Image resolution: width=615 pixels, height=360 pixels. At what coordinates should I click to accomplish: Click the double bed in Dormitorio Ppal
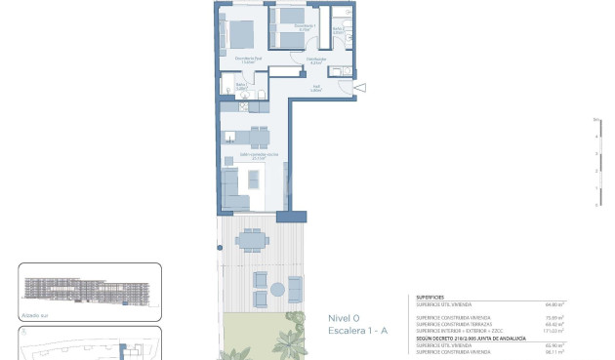click(240, 35)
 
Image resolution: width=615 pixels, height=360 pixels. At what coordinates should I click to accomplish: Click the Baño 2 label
click(338, 29)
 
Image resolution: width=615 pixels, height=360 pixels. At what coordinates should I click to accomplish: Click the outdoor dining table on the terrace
click(253, 238)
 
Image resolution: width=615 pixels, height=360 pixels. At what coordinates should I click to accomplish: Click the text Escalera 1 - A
click(357, 332)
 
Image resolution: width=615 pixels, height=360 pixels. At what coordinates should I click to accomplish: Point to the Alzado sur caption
click(34, 315)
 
